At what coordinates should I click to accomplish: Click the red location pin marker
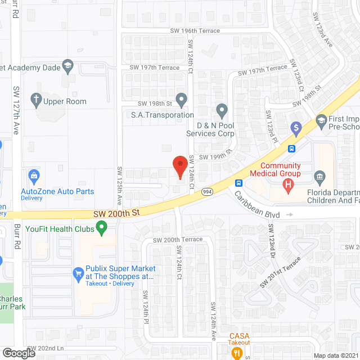(x=180, y=166)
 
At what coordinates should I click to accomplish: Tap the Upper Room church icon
(x=36, y=101)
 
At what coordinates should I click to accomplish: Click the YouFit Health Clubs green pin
(x=102, y=228)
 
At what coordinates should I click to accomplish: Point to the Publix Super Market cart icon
(x=78, y=274)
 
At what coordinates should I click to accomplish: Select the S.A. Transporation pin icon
(x=181, y=100)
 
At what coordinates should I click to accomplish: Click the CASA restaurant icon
(x=237, y=353)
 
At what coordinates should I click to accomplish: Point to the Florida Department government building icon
(x=320, y=178)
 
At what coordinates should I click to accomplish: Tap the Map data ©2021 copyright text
(x=335, y=355)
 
